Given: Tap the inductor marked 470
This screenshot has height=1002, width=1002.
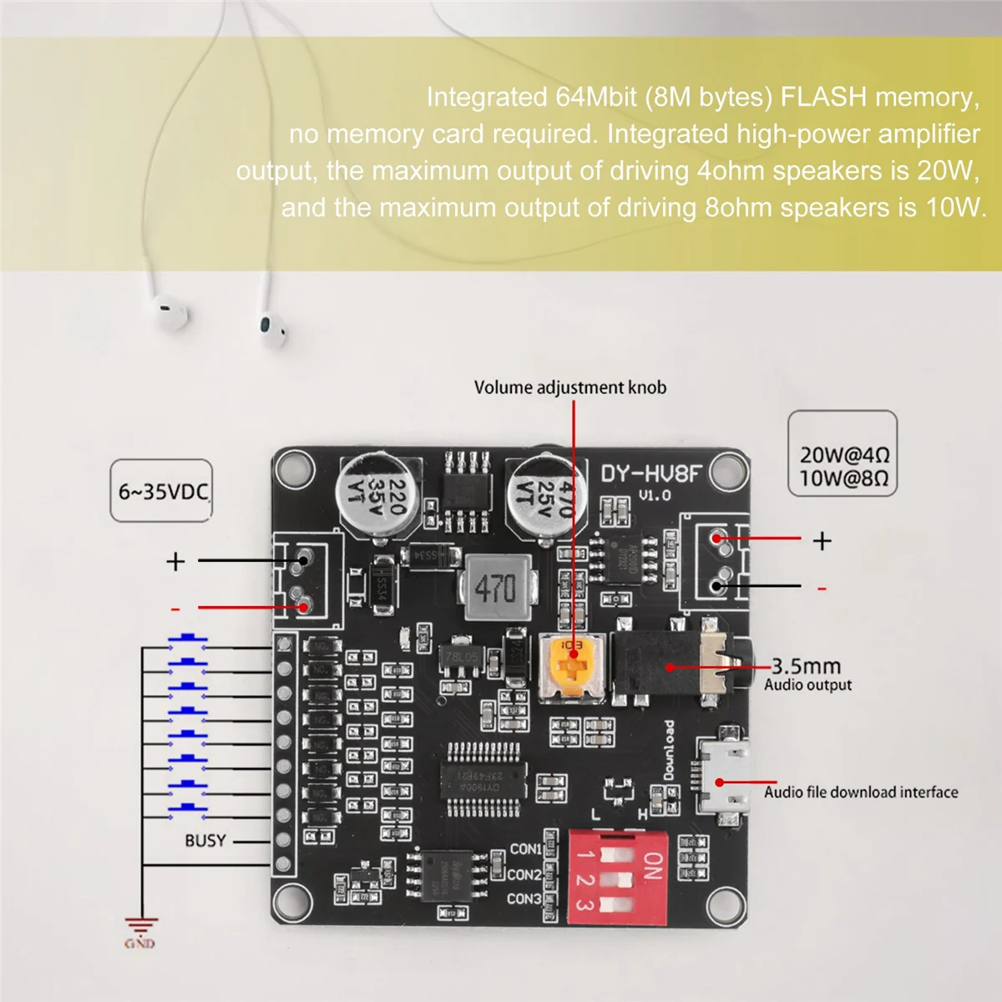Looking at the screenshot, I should [496, 588].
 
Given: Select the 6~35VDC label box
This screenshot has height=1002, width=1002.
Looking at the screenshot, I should [162, 491].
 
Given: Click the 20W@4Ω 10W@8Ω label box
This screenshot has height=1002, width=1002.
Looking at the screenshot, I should [843, 466].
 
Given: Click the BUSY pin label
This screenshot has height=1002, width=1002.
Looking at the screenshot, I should [205, 840].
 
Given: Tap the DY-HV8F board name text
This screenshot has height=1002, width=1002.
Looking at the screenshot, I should [651, 474].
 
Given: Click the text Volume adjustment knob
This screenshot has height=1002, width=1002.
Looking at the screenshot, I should [570, 387].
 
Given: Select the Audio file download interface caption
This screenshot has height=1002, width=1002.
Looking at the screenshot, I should [861, 792].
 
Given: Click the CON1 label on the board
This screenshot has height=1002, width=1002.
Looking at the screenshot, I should [525, 849].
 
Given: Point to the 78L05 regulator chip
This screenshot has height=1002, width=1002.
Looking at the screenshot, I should [460, 657].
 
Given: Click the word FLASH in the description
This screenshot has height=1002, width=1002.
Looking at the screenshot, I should [823, 98].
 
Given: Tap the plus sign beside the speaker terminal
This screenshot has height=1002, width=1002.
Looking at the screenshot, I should [822, 541].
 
